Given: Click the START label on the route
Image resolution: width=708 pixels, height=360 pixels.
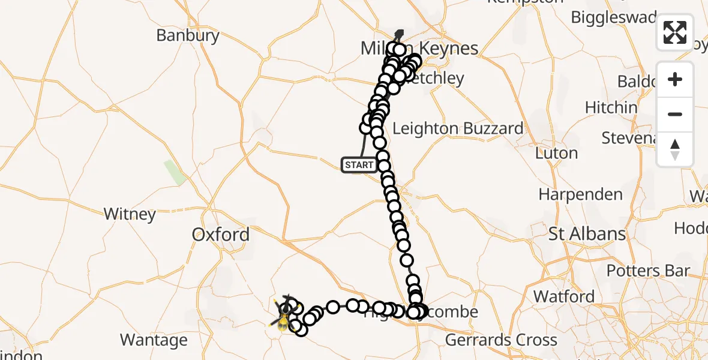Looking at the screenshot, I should tap(359, 165).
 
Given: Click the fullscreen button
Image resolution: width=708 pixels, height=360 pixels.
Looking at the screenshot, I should tap(675, 32).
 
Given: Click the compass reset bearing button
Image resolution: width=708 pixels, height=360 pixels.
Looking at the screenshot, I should tap(675, 149).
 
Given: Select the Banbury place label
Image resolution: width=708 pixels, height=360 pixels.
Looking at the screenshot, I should tap(188, 35).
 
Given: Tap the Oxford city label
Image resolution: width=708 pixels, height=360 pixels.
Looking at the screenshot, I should tap(221, 235).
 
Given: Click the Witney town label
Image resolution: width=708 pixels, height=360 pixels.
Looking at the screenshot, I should tap(130, 214).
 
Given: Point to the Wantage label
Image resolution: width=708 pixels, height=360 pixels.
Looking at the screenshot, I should tap(154, 340).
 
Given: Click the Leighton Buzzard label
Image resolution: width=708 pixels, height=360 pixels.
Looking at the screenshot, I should tap(458, 128).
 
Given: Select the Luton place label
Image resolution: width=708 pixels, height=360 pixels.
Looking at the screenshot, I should tap(556, 153).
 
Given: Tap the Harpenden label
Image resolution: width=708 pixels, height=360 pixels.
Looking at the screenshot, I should tap(581, 194).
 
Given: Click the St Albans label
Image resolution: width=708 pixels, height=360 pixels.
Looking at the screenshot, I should tap(587, 234).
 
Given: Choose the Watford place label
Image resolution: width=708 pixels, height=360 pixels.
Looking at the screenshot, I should tap(564, 296).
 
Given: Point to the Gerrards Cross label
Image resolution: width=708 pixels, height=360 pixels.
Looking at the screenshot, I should tap(501, 340).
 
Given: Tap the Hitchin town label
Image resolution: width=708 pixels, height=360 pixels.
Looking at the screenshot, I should tap(611, 107).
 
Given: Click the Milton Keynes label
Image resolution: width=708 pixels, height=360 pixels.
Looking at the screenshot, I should tap(420, 49).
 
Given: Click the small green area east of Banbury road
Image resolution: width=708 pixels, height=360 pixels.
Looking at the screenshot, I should tap(175, 172).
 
